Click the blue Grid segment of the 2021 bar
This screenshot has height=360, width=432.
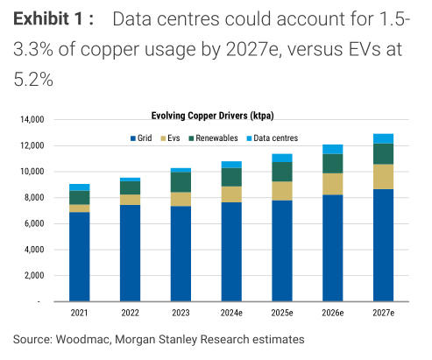pos(80,256)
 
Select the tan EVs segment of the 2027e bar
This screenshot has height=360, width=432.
pos(383,176)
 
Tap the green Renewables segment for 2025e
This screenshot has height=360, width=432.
pos(281,172)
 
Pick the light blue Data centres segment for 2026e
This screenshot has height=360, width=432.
pos(332,149)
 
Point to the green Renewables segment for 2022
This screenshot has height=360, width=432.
pos(130,187)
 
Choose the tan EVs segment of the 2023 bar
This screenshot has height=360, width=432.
pos(181,199)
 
